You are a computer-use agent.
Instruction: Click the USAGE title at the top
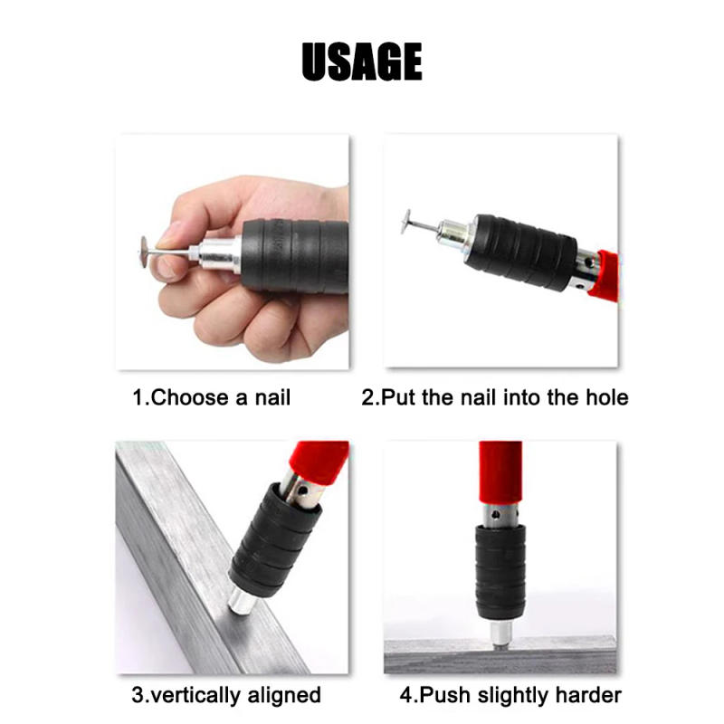click(x=362, y=62)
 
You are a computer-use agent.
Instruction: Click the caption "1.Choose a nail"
click(x=212, y=397)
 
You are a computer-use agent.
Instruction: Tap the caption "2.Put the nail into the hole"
click(x=495, y=397)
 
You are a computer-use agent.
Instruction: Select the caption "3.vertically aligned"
click(x=226, y=695)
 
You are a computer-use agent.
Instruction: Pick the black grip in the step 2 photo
click(x=525, y=251)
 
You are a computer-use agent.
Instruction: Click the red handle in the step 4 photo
click(x=500, y=475)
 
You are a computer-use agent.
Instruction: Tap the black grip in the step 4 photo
click(x=500, y=570)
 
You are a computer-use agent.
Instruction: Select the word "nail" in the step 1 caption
click(x=272, y=397)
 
